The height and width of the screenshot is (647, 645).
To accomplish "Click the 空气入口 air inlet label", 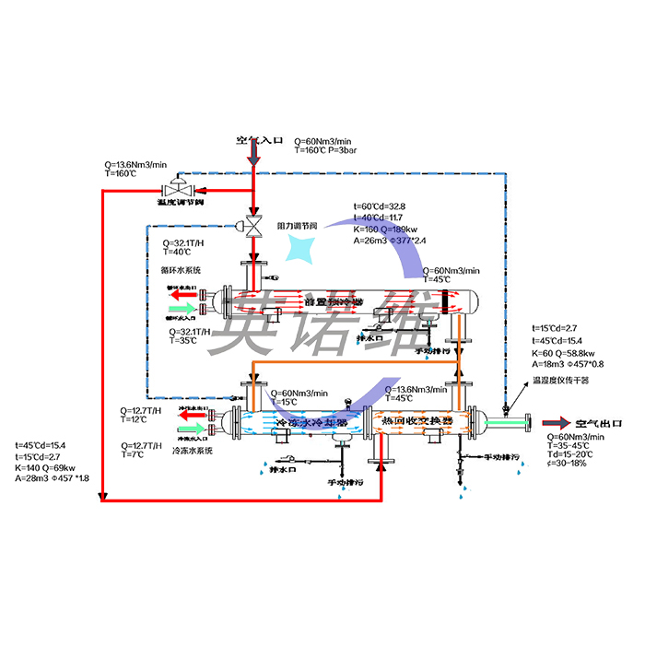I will point(258,141).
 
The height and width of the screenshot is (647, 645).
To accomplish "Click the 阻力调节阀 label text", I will point(297,225).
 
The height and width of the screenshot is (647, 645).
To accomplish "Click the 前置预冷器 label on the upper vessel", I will point(332,301).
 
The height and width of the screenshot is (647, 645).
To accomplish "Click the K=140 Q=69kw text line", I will point(47,467).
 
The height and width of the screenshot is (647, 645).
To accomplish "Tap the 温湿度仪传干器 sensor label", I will point(561,379).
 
